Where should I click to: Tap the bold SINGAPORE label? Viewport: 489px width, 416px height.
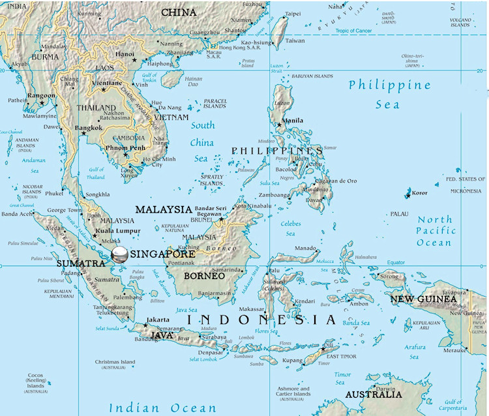163,254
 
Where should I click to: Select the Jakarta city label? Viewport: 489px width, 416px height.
158,319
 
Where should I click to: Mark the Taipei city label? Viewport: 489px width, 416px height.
293,14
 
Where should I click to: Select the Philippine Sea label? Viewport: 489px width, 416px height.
389,94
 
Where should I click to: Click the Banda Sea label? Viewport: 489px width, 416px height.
356,323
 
